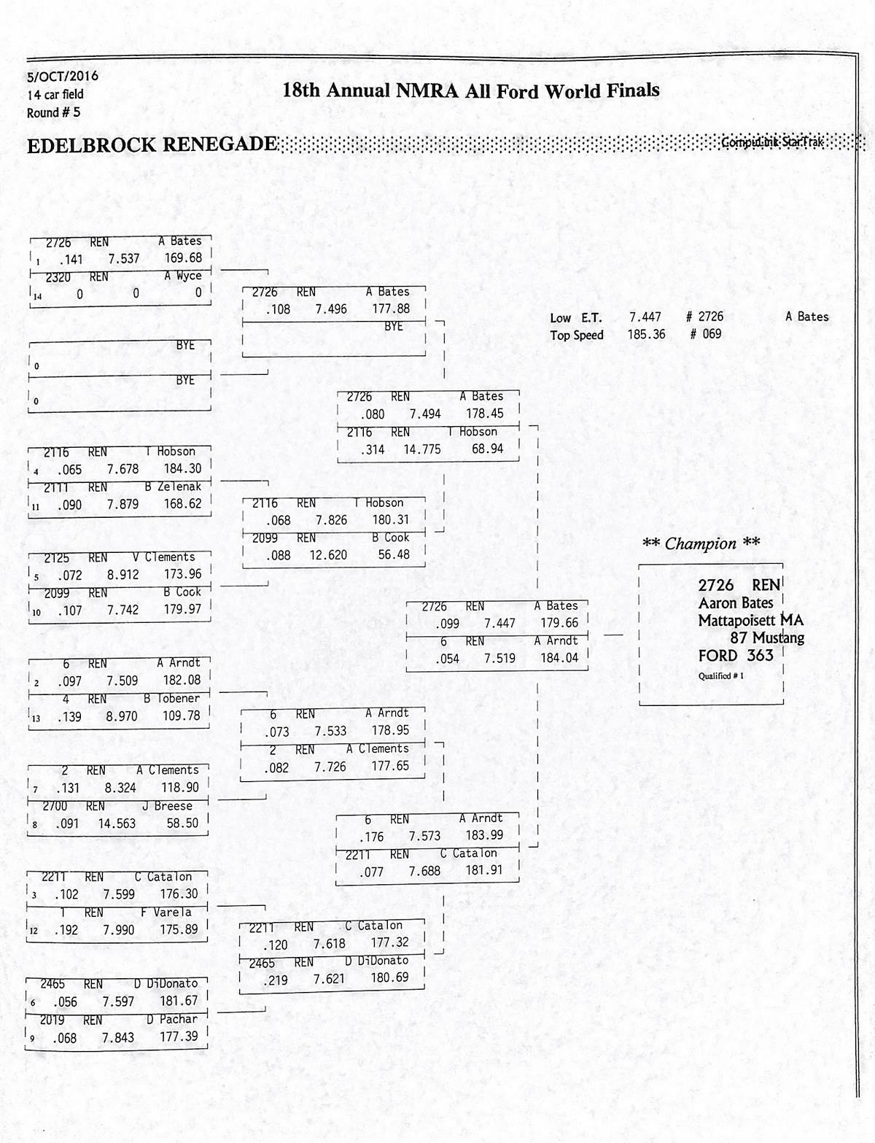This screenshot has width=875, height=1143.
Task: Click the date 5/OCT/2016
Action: tap(63, 77)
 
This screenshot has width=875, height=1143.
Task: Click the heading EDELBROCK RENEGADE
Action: tap(152, 145)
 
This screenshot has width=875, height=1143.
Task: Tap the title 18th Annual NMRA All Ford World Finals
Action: tap(470, 91)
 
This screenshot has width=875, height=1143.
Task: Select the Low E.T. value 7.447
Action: tap(645, 317)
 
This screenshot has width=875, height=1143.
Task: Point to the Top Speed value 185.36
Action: tap(646, 334)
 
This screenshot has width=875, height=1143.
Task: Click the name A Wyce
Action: tap(183, 276)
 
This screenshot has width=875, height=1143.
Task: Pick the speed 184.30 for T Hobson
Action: tap(182, 469)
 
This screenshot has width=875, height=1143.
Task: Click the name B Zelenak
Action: tap(173, 487)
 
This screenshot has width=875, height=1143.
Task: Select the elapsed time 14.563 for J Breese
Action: tap(117, 824)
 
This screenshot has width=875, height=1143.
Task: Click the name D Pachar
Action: tap(172, 1019)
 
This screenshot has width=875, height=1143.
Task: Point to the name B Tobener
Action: tap(171, 698)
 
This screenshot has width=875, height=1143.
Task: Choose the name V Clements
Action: tap(164, 557)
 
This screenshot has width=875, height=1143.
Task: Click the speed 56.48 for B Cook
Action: tap(394, 555)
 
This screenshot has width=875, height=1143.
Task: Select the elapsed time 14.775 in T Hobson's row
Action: tap(422, 449)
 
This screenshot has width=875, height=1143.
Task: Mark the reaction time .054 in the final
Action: tap(447, 658)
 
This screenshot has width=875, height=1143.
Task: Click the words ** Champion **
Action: tap(701, 543)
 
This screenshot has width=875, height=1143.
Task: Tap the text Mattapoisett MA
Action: tap(750, 621)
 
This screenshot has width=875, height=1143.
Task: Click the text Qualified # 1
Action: tap(720, 675)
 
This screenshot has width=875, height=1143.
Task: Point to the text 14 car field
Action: tap(55, 95)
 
